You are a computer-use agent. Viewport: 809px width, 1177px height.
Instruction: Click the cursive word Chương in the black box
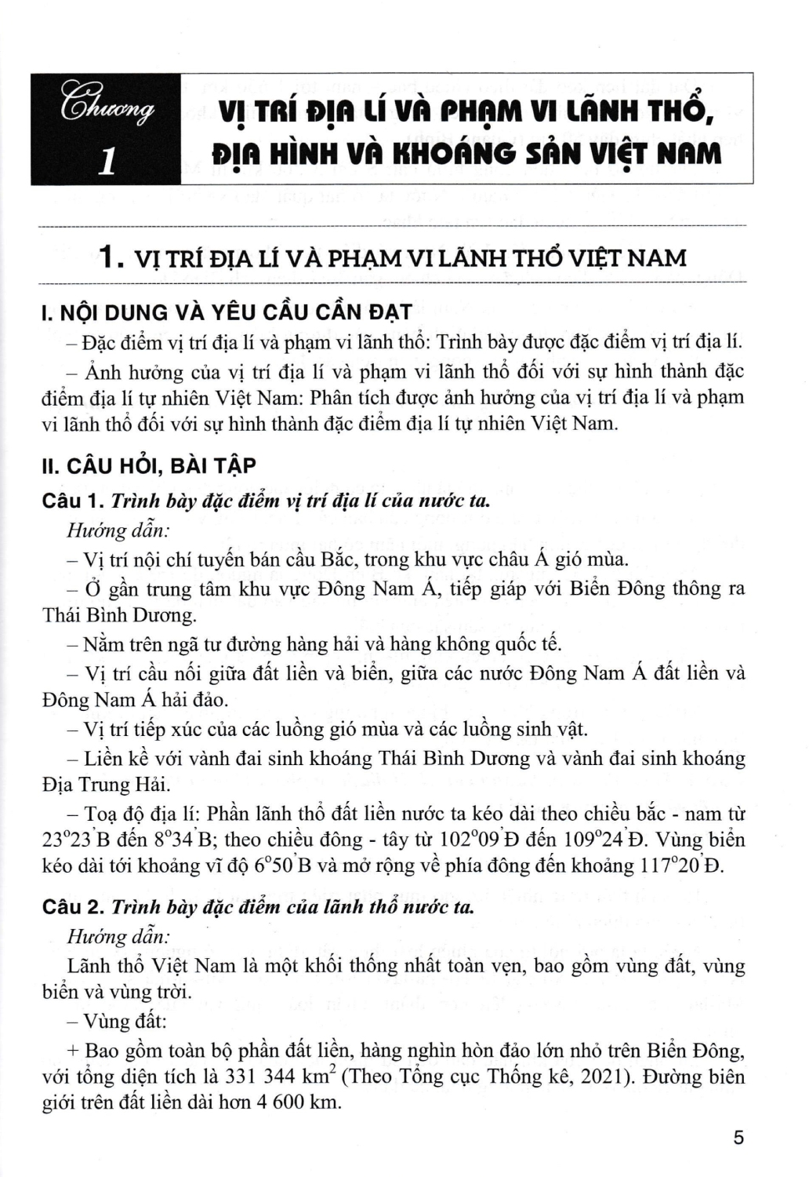click(x=104, y=107)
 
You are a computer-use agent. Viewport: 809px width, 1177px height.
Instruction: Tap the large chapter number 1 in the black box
click(x=109, y=160)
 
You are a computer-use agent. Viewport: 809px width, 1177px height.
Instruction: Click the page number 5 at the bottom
click(x=738, y=1139)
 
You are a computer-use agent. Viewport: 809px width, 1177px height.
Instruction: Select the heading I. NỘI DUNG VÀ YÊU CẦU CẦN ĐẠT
click(x=227, y=312)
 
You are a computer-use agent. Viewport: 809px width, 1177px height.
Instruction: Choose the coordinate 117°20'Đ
click(x=680, y=865)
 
